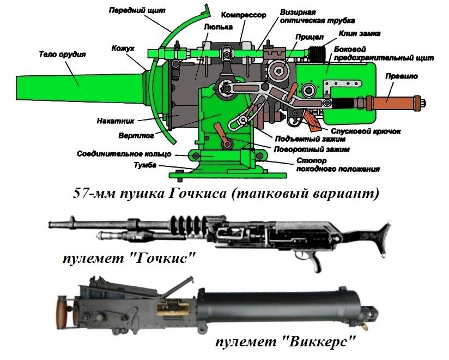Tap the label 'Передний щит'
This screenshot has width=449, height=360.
(x=130, y=10)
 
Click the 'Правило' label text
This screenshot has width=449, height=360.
(x=401, y=76)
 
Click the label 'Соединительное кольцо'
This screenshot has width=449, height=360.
(x=124, y=154)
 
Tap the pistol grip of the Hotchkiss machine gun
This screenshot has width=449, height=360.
(x=314, y=262)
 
